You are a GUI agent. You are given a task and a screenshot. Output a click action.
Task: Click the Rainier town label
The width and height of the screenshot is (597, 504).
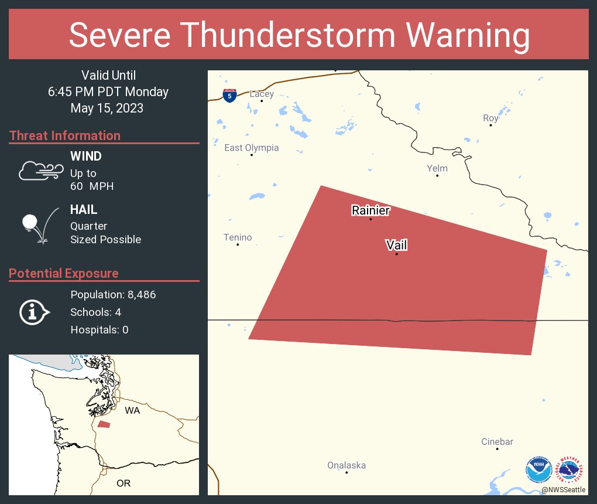pyautogui.click(x=370, y=210)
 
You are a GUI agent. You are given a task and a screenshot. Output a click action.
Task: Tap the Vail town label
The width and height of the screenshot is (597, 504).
pyautogui.click(x=396, y=245)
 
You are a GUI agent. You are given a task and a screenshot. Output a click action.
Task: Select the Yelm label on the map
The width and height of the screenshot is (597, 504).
pyautogui.click(x=437, y=168)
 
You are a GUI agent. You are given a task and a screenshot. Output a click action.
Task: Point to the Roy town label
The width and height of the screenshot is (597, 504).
pyautogui.click(x=490, y=118)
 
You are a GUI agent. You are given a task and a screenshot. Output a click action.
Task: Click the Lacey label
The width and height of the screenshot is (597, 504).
pyautogui.click(x=262, y=94)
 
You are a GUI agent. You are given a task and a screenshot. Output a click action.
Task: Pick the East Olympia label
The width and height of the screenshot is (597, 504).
pyautogui.click(x=252, y=148)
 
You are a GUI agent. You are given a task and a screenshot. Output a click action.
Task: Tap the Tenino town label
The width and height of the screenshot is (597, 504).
pyautogui.click(x=238, y=237)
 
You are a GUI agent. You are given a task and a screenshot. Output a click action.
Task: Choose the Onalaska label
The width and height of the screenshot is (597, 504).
pyautogui.click(x=346, y=465)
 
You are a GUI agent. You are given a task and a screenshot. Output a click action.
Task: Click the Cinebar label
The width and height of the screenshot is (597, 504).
pyautogui.click(x=497, y=442)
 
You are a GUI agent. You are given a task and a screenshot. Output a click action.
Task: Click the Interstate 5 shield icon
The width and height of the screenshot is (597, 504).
pyautogui.click(x=230, y=96)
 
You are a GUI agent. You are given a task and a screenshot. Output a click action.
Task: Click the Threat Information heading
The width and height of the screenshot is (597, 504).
pyautogui.click(x=65, y=135)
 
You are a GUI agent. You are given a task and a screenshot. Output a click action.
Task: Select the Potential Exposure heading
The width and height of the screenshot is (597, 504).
pyautogui.click(x=64, y=273)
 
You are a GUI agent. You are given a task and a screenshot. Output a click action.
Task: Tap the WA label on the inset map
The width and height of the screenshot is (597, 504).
pyautogui.click(x=132, y=411)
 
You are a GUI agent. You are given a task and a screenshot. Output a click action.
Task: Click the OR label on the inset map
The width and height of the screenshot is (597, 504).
pyautogui.click(x=123, y=483)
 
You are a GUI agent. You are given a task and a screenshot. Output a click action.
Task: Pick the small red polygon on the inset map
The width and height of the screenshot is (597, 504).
pyautogui.click(x=104, y=424)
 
